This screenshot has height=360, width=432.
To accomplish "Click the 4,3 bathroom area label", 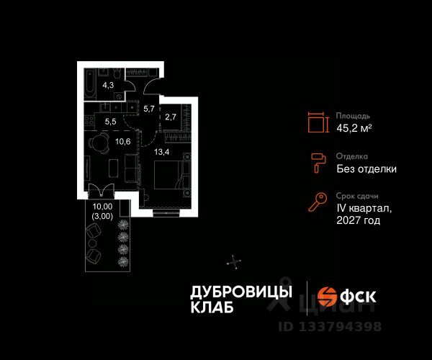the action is pos(108,85).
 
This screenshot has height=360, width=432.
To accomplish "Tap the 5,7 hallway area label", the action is pos(148,109).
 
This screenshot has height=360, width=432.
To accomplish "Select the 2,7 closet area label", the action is pos(171,116).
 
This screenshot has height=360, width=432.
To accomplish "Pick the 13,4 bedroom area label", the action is pos(161,152).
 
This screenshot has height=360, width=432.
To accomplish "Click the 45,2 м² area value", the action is pos(354,128).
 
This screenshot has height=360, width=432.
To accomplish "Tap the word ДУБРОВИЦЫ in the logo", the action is pos(240,292).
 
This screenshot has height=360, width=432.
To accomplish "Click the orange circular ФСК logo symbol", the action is pos(328,296).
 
